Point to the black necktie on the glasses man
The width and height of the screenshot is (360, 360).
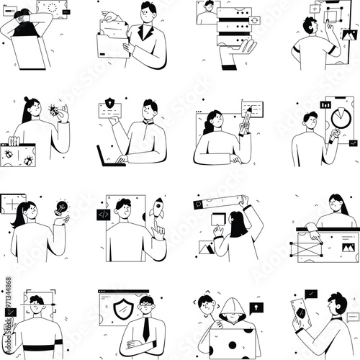(146, 330)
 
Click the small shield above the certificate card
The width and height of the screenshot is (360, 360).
(110, 102)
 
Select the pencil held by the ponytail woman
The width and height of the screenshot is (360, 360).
(246, 120)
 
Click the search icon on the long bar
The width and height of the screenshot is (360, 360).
(197, 204)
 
